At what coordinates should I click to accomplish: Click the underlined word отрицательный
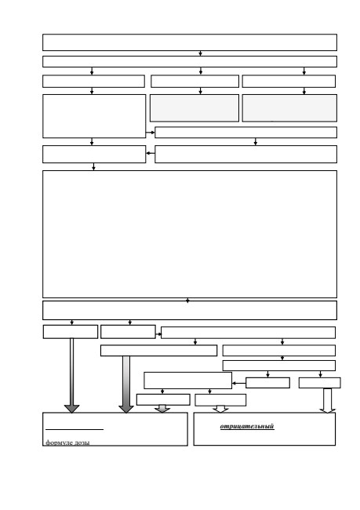247,426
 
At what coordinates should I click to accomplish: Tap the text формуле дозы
67,442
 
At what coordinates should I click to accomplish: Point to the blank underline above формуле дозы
75,430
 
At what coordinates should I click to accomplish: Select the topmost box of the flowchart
190,42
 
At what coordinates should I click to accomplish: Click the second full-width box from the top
190,61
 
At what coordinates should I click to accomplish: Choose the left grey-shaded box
195,108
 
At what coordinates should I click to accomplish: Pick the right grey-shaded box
289,108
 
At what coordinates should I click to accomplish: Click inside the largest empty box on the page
190,234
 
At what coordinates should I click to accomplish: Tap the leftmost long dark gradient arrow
72,376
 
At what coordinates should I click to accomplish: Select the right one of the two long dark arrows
126,384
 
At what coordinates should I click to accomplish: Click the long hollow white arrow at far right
328,400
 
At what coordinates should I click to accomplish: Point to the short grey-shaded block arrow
162,409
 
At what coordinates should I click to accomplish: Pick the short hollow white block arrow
220,409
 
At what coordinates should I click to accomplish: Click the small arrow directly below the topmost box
200,53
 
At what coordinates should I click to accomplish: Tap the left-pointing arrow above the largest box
151,153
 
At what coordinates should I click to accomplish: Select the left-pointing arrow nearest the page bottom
238,384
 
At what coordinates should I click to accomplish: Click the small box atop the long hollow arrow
320,383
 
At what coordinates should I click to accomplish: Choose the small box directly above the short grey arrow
163,399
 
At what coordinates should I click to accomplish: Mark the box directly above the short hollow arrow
220,400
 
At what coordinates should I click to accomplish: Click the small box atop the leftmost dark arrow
71,332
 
